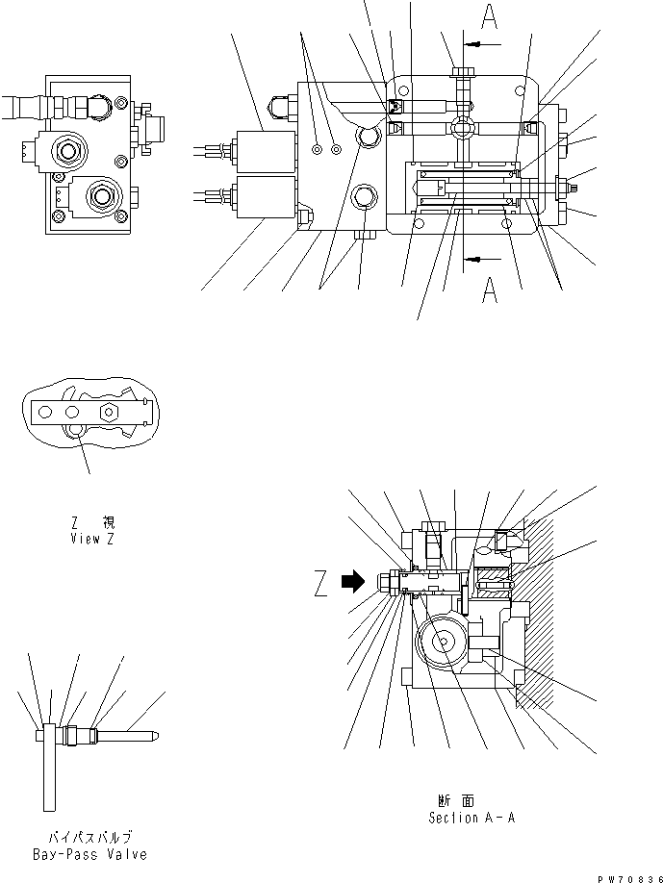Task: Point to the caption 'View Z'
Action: click(x=92, y=539)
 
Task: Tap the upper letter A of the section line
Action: click(x=490, y=17)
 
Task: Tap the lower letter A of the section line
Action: click(x=490, y=290)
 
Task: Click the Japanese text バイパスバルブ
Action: click(x=90, y=837)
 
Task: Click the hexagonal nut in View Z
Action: click(x=108, y=415)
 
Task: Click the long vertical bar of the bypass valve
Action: click(x=48, y=769)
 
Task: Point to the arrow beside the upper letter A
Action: click(x=483, y=45)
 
